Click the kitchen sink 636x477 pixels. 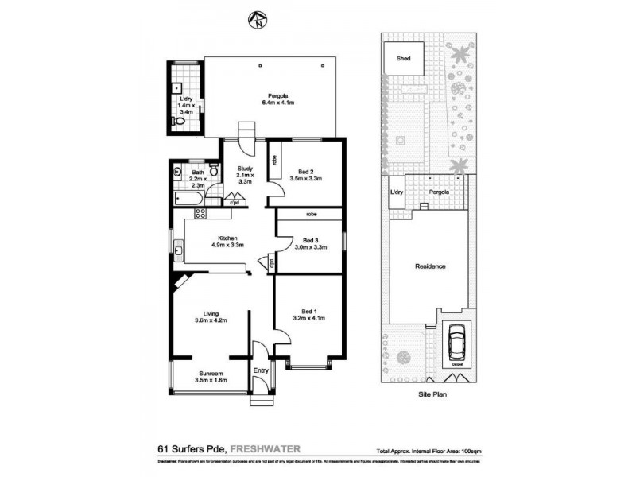coord(180,253)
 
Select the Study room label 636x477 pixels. coord(245,168)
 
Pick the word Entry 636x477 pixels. coord(261,370)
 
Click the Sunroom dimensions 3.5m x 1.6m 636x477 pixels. coord(211,380)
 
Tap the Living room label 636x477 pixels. coord(211,313)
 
